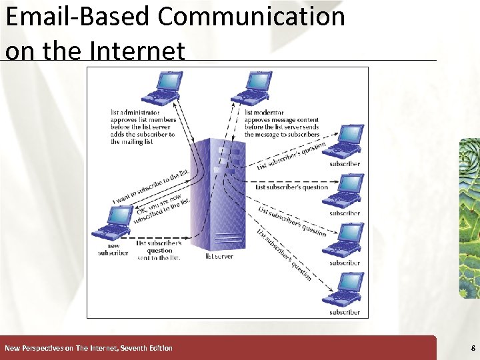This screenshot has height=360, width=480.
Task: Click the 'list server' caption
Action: pos(219,256)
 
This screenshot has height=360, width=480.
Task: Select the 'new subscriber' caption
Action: pos(113,249)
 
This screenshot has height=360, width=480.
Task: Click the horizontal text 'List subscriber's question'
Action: pos(292,187)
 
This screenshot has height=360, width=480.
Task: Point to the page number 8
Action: pos(473,348)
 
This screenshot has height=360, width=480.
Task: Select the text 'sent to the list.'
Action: pos(159,258)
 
